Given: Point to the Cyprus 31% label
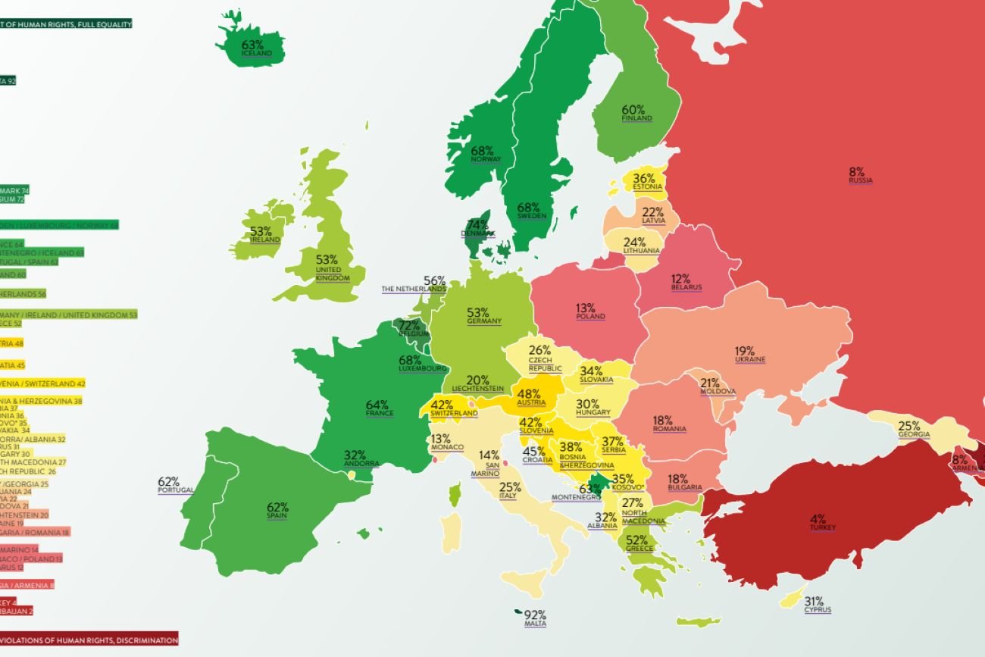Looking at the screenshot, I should point(817,604).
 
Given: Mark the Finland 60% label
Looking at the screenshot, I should point(636,113).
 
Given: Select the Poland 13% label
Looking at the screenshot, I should point(589,311).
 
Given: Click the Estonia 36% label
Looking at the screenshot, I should point(646,181).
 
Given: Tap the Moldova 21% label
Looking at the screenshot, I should point(716,386).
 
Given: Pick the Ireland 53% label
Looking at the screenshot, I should point(264,234).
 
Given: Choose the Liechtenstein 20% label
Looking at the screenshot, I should point(477,383).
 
